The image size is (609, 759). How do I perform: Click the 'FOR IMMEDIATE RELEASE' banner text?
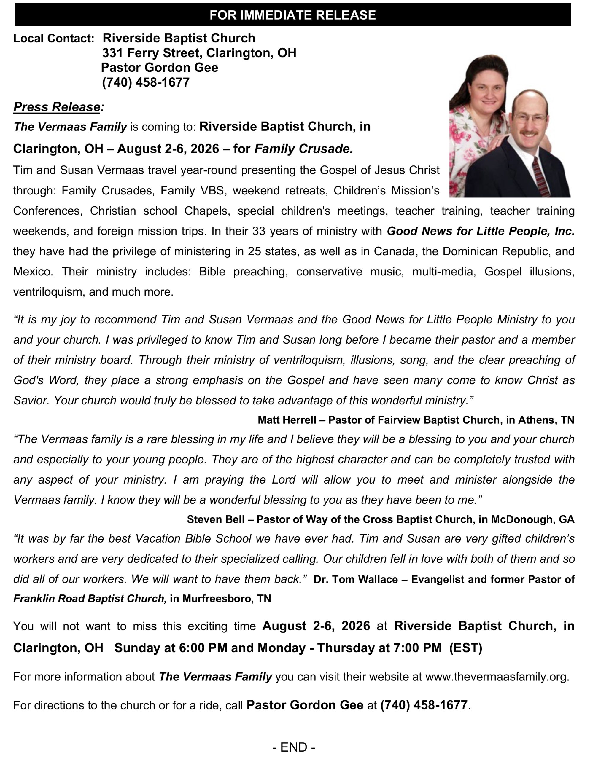pos(292,15)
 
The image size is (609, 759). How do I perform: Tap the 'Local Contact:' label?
pos(53,38)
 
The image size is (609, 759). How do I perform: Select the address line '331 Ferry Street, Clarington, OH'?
pos(199,53)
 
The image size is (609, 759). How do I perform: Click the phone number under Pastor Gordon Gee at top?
pos(146,82)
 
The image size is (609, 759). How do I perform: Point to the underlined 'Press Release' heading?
pos(57,107)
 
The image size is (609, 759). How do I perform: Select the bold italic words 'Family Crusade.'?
pos(303,149)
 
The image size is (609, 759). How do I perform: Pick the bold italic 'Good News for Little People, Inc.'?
pos(481,231)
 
